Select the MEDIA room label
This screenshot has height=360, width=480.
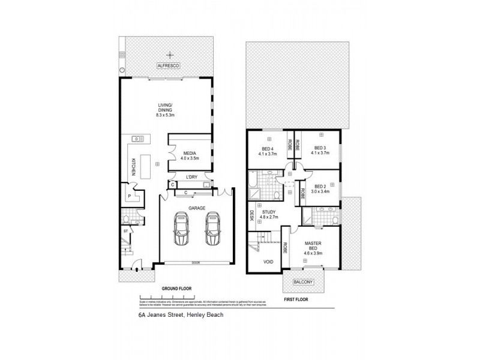coord(190,155)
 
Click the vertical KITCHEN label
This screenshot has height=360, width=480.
coord(133,166)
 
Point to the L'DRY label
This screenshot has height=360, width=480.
coord(192,176)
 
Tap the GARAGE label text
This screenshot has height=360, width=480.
coord(197,208)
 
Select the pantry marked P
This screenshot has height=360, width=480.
coord(129,196)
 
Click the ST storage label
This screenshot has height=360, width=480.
coord(125,230)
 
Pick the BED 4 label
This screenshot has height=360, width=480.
coord(267,151)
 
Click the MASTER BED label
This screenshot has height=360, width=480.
coord(314,246)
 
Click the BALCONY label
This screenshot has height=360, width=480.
coord(304,281)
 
